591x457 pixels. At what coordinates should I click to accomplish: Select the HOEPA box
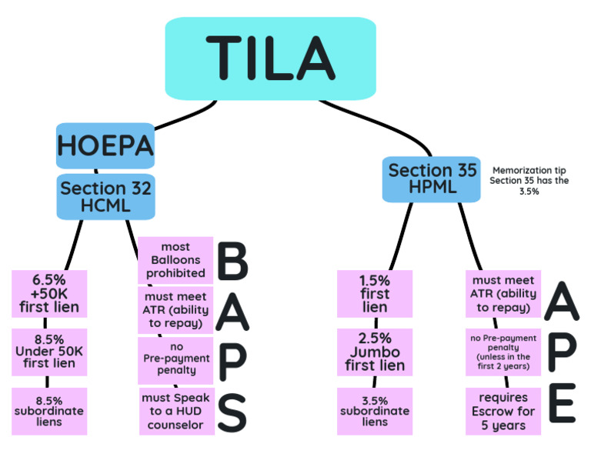[x=94, y=145]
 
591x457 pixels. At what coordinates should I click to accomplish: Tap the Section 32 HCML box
[x=105, y=197]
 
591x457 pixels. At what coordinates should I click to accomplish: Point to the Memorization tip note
[x=529, y=180]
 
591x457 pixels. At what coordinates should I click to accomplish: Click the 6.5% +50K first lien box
[x=49, y=294]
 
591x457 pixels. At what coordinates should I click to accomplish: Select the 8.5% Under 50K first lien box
[x=49, y=352]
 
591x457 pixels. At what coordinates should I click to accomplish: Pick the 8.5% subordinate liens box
[x=49, y=411]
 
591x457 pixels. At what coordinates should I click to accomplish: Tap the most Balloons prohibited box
[x=175, y=260]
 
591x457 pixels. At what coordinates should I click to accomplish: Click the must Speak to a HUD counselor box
[x=175, y=411]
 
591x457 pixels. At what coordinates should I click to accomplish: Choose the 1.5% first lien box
[x=375, y=294]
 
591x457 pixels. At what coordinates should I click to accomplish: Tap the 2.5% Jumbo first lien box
[x=375, y=352]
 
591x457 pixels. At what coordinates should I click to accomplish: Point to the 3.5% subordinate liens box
[x=375, y=411]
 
